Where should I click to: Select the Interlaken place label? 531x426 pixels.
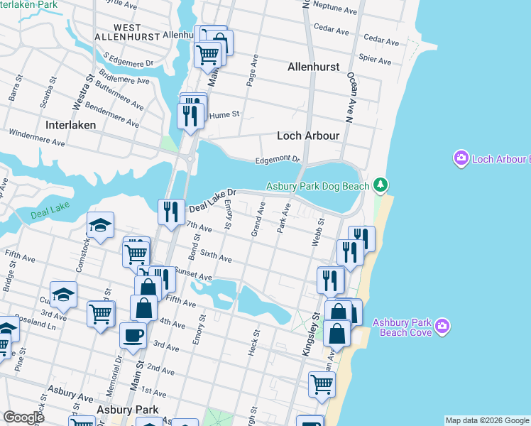click(x=70, y=124)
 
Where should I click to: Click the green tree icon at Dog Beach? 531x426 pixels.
click(x=381, y=185)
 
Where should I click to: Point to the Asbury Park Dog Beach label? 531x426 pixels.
click(x=317, y=187)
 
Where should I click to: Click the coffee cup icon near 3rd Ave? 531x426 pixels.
click(x=133, y=334)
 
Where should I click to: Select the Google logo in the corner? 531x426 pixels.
click(x=23, y=417)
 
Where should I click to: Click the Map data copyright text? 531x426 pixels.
click(x=486, y=420)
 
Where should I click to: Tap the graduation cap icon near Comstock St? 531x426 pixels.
click(x=100, y=225)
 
